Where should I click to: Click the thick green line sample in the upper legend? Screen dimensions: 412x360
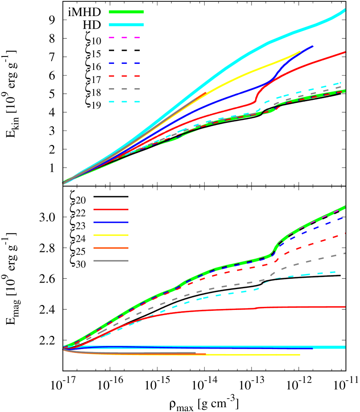[126, 12]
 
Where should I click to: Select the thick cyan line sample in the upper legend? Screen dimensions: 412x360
[126, 25]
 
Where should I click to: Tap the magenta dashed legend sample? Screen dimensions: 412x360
[124, 38]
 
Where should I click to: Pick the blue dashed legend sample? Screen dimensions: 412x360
[124, 63]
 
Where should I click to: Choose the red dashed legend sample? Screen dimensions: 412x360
[124, 76]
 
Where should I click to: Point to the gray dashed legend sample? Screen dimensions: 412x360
[124, 89]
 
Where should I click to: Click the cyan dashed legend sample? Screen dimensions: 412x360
[124, 102]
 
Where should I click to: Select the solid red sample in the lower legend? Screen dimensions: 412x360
[111, 210]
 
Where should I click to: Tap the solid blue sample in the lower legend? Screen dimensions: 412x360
[111, 222]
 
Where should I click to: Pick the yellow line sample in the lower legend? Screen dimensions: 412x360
[111, 235]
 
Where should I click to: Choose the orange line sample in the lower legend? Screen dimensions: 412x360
[111, 248]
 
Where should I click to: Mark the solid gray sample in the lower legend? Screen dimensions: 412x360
[111, 261]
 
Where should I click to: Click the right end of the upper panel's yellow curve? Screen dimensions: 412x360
[300, 52]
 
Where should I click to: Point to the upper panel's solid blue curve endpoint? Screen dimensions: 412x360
[312, 46]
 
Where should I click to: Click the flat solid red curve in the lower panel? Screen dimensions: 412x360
[304, 307]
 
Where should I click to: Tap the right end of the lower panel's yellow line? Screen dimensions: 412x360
[299, 355]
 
